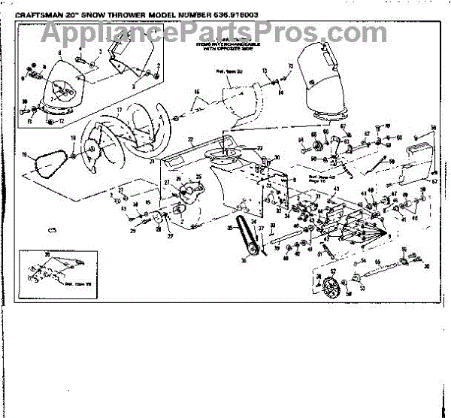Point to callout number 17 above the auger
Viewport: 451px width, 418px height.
tap(118, 110)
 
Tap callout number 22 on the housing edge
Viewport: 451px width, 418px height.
tap(191, 140)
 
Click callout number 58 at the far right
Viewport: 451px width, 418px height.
tap(433, 128)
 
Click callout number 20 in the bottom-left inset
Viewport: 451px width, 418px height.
tap(48, 256)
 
